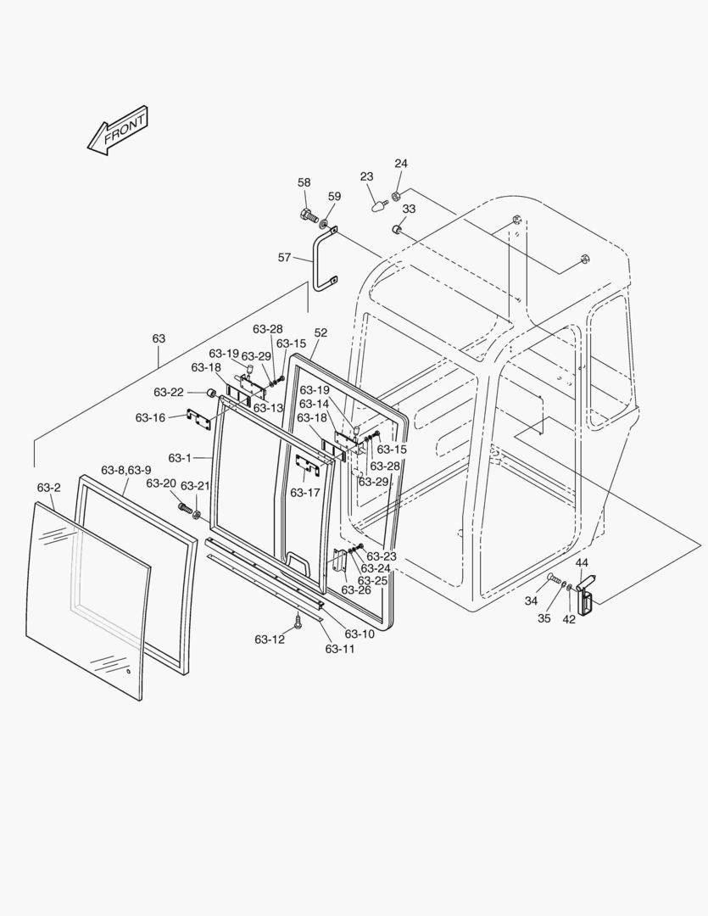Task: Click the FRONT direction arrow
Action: [118, 130]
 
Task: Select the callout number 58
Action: [304, 182]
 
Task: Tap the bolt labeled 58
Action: [309, 215]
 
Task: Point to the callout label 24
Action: [401, 163]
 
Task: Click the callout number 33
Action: [409, 209]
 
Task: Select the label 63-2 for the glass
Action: [48, 488]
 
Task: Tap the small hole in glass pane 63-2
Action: [129, 673]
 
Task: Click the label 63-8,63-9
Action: [125, 470]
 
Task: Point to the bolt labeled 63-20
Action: [185, 506]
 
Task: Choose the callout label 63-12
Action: [270, 640]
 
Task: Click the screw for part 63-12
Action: [298, 622]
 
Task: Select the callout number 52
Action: [321, 333]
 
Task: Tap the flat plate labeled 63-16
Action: [198, 419]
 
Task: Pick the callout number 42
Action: [569, 619]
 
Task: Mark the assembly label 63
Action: [159, 338]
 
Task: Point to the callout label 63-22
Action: [168, 392]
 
